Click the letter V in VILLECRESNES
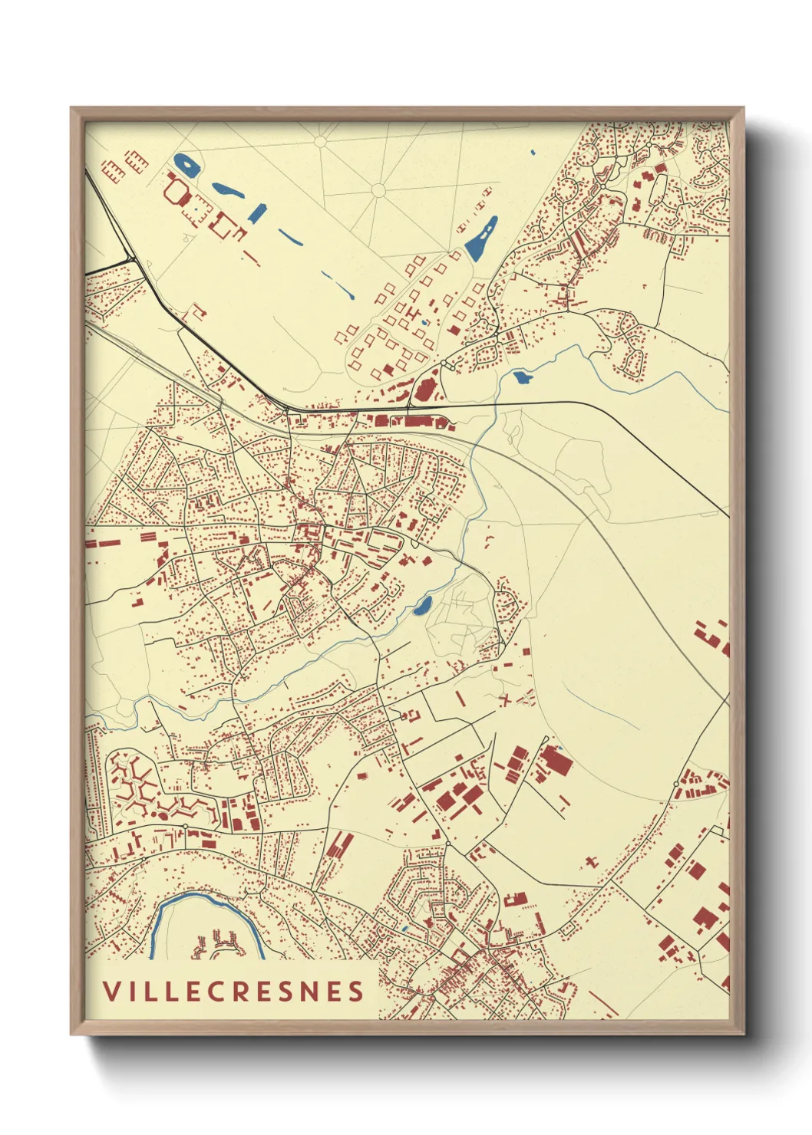click(111, 991)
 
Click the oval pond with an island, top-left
click(186, 164)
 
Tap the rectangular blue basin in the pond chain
click(256, 213)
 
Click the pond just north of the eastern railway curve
click(522, 377)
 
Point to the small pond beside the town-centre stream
click(422, 607)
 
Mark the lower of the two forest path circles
click(378, 189)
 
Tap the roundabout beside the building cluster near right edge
click(675, 784)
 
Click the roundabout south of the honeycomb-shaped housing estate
click(186, 826)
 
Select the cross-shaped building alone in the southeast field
click(590, 862)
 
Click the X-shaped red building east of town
click(504, 699)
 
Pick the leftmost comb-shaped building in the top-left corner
click(113, 169)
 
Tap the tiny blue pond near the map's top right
click(533, 153)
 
